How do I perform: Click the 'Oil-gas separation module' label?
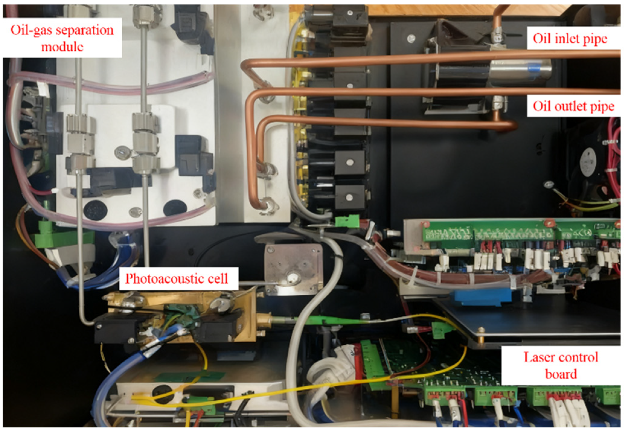[62, 38]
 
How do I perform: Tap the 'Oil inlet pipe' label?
[570, 39]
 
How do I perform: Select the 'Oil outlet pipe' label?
[573, 106]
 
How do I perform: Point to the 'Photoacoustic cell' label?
[177, 278]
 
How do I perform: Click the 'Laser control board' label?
[561, 365]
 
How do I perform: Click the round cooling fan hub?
[588, 162]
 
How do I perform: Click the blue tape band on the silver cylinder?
[534, 69]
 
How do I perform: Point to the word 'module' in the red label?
[62, 47]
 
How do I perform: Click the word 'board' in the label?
[561, 374]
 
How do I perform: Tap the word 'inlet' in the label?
[567, 39]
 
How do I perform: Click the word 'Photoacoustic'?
[165, 279]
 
